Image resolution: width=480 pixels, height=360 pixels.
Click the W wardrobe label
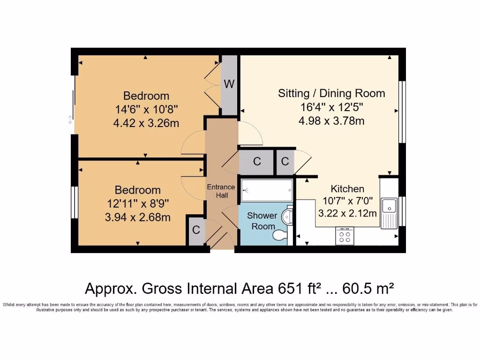(x=229, y=84)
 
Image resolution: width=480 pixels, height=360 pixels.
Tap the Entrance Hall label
(x=221, y=191)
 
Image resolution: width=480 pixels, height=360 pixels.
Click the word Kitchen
(x=347, y=189)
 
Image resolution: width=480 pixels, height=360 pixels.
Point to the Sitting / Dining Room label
(x=331, y=93)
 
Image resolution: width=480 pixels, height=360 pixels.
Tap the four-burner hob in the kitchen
(x=345, y=235)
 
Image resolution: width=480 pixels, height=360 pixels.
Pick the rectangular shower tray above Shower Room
(x=267, y=190)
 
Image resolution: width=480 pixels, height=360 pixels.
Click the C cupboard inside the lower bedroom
(x=196, y=230)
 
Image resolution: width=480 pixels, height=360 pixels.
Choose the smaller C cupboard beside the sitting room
(x=285, y=162)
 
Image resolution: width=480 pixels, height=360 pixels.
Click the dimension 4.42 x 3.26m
(x=146, y=123)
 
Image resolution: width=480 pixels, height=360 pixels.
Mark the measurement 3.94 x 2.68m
(x=137, y=217)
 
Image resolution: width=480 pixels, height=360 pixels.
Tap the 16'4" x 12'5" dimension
(x=331, y=107)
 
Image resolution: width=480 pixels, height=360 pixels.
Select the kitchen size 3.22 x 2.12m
(x=347, y=214)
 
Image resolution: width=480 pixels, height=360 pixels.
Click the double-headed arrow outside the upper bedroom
(x=70, y=120)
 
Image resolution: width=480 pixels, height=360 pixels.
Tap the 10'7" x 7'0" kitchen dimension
(x=347, y=202)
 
